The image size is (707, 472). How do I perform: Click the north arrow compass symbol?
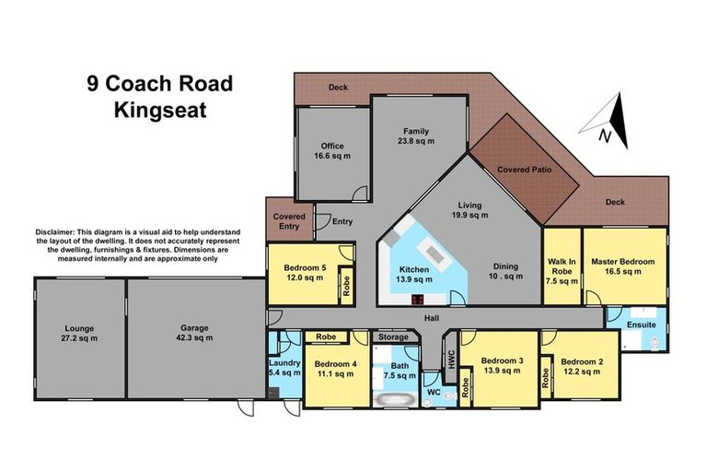click(607, 121)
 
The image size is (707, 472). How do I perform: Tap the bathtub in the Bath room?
click(396, 399)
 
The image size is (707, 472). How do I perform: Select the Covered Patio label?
click(525, 170)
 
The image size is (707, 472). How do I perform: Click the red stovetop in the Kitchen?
click(418, 299)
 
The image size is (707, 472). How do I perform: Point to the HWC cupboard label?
click(452, 359)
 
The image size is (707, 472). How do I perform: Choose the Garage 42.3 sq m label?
click(194, 333)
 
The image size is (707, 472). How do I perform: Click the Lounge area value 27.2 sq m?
click(79, 338)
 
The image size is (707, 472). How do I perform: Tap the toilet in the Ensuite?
click(655, 343)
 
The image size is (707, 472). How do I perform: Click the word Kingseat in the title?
click(160, 111)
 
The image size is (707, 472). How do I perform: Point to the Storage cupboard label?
click(393, 337)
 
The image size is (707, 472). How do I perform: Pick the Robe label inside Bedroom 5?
click(346, 286)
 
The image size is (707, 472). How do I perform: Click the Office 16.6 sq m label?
click(332, 151)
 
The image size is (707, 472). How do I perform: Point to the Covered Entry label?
click(289, 221)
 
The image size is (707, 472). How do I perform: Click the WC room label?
click(434, 393)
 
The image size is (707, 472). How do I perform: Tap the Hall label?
click(432, 318)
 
